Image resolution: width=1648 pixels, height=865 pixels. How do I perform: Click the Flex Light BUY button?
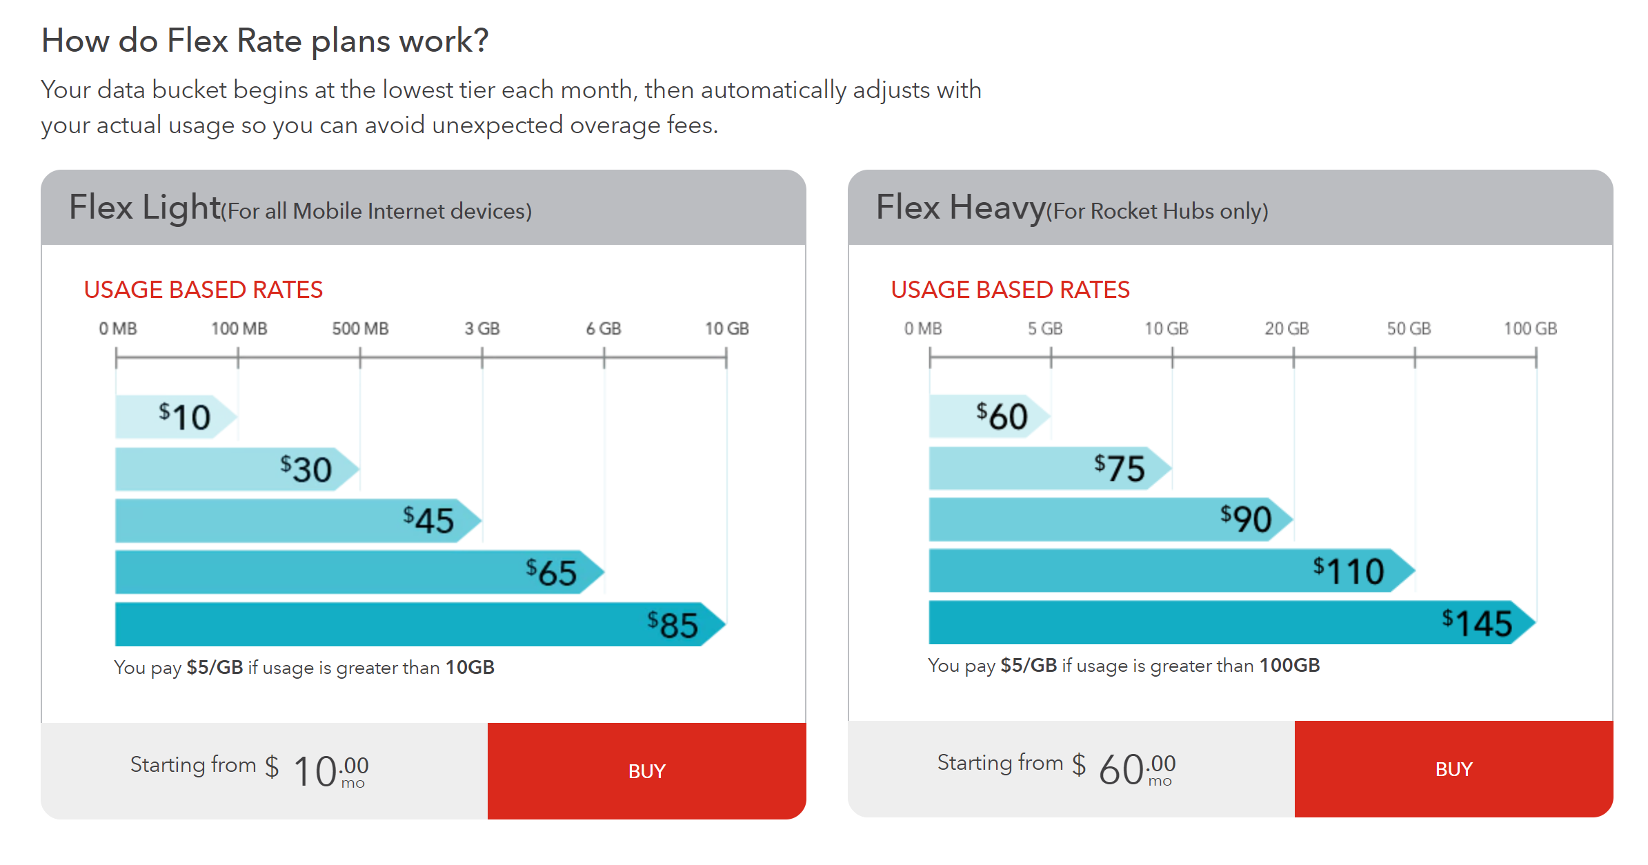pos(646,770)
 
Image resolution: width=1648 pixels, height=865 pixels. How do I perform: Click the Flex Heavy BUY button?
pos(1453,768)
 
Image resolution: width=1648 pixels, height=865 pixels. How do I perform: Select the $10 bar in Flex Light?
pos(176,417)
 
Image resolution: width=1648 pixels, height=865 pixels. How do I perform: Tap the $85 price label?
pos(673,624)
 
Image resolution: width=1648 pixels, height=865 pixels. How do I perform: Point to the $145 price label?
pos(1477,622)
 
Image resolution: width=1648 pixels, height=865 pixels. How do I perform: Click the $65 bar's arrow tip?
pos(604,572)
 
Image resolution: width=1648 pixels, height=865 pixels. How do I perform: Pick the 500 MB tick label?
pos(360,328)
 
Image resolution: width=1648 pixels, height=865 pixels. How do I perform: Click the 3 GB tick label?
pos(482,328)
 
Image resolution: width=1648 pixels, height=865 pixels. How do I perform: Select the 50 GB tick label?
pos(1409,328)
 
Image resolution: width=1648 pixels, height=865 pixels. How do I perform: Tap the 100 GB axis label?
pos(1530,328)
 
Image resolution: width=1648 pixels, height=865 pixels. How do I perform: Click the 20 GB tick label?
pos(1287,328)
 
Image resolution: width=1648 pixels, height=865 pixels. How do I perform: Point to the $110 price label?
pos(1349,570)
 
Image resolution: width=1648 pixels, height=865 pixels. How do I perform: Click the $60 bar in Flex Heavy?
pos(989,416)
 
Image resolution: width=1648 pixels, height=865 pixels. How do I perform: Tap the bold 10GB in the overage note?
pos(470,667)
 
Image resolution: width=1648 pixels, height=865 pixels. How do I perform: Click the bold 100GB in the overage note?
pos(1289,665)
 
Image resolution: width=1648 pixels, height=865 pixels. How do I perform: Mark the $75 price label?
pos(1119,468)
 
